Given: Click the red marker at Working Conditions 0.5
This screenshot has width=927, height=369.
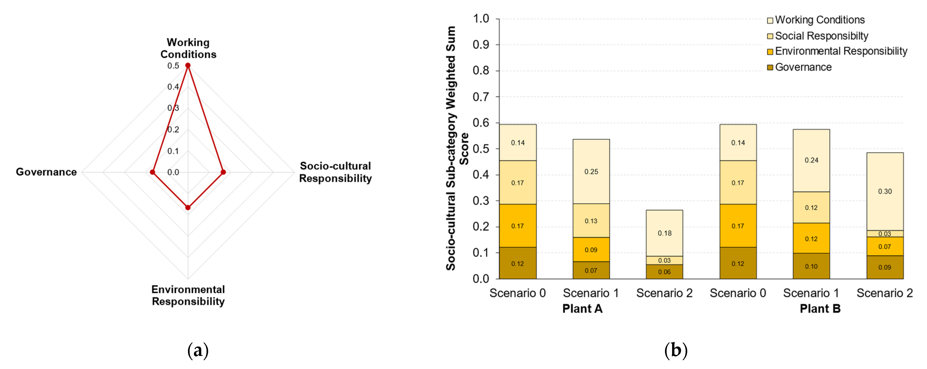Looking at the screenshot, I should click(188, 65).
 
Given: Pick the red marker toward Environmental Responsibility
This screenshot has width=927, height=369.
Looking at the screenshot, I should click(188, 207).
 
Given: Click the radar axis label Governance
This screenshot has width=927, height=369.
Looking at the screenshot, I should click(46, 172).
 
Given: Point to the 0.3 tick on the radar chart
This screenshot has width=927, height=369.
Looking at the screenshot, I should click(173, 108).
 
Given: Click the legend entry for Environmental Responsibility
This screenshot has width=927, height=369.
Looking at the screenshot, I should click(841, 51).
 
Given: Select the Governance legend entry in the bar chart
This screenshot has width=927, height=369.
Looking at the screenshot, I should click(803, 67).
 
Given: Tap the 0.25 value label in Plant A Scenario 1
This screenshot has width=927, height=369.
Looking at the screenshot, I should click(591, 171).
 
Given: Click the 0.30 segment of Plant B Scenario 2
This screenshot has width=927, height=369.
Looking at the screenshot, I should click(885, 191).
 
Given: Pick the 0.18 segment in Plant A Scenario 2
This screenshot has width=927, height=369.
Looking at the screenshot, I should click(664, 233).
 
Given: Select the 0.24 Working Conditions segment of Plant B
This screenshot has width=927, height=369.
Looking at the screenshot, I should click(811, 160).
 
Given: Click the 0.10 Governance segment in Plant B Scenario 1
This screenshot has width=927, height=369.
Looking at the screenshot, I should click(811, 266).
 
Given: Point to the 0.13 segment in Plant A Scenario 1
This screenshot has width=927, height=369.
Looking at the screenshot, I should click(591, 221).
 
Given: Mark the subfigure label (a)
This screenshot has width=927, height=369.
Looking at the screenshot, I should click(198, 350).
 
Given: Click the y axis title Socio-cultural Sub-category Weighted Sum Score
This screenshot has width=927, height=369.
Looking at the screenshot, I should click(456, 148).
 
